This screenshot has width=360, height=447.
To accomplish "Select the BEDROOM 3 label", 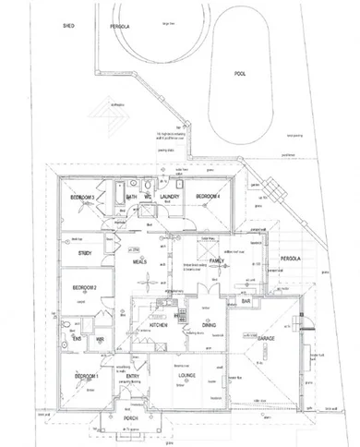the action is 86,197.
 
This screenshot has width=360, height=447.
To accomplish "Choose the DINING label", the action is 209,325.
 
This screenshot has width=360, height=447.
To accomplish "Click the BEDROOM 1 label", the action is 86,377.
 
